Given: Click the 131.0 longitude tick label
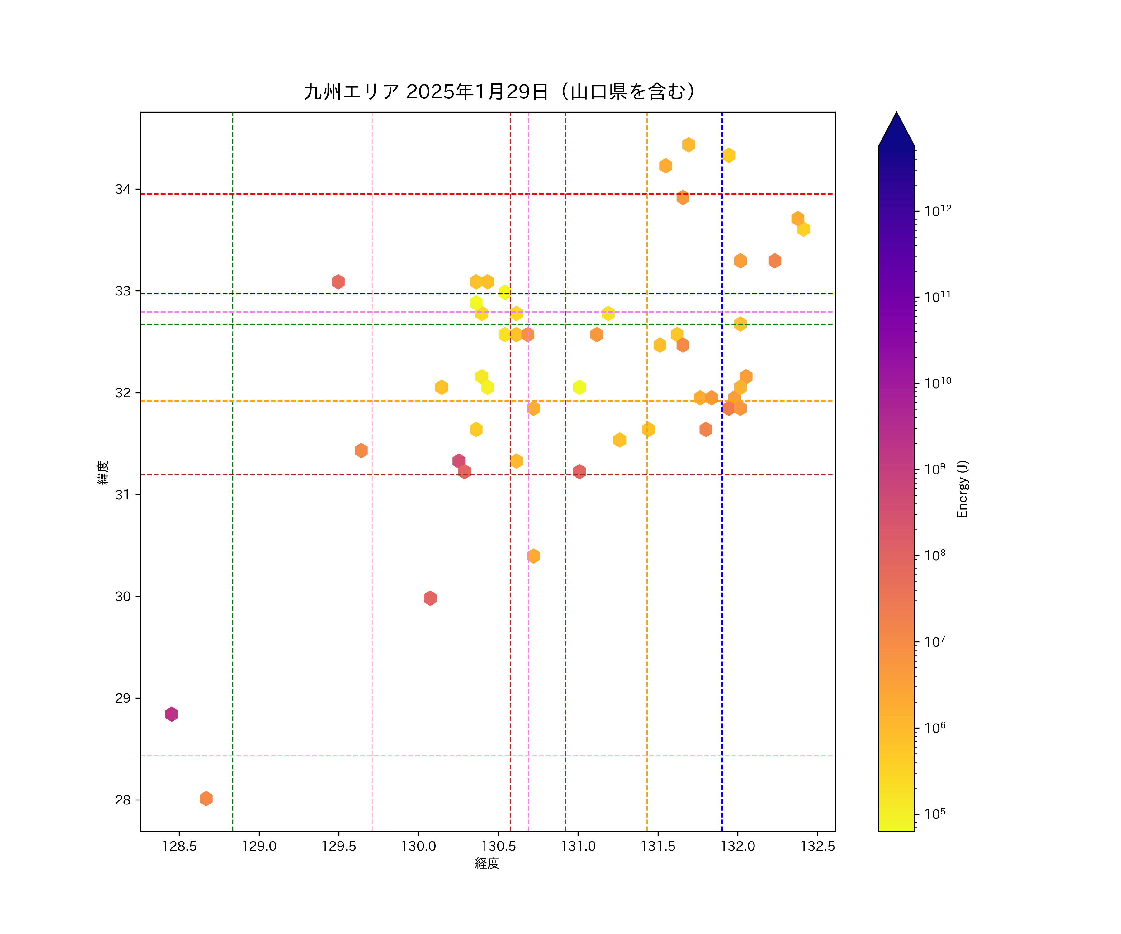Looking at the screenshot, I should tap(578, 847).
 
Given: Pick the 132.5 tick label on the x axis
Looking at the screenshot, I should tap(817, 847).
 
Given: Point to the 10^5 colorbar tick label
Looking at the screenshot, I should tap(935, 814).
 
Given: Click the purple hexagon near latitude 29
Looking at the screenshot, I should tap(171, 714).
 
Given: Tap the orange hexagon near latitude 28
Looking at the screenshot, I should tap(206, 799).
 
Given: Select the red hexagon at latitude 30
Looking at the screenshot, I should tap(430, 598).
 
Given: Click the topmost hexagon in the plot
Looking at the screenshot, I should tap(688, 145).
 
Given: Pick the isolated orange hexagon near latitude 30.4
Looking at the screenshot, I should tap(533, 556).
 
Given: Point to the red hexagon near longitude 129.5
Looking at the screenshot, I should tap(338, 282).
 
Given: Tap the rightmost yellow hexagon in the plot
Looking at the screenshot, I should tap(803, 229).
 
